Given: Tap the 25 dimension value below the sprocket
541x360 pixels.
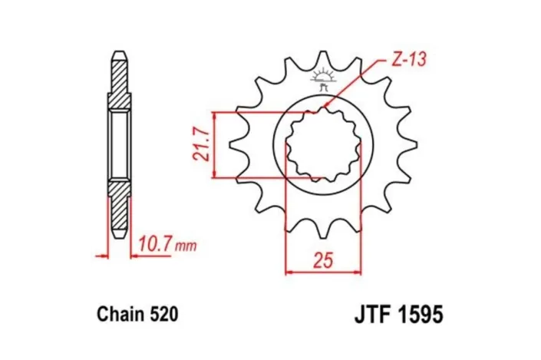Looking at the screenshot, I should pos(322,260).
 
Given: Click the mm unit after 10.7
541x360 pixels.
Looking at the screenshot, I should pos(186,247).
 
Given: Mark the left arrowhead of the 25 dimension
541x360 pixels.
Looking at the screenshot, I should pos(290,271).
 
